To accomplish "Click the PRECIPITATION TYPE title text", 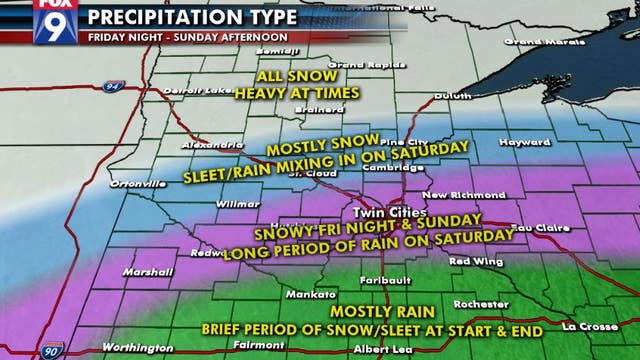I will (191, 17).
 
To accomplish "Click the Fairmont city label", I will (259, 346).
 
